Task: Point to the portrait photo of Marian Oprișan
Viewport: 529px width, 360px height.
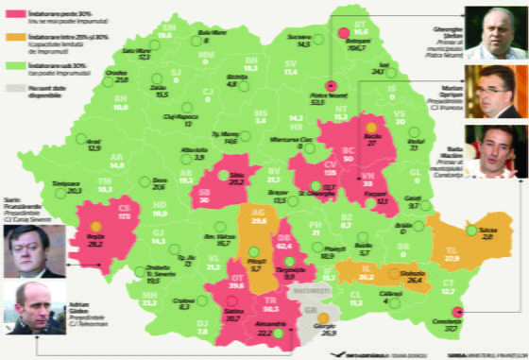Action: [x=497, y=92]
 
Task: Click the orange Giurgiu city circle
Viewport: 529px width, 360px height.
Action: [x=323, y=318]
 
